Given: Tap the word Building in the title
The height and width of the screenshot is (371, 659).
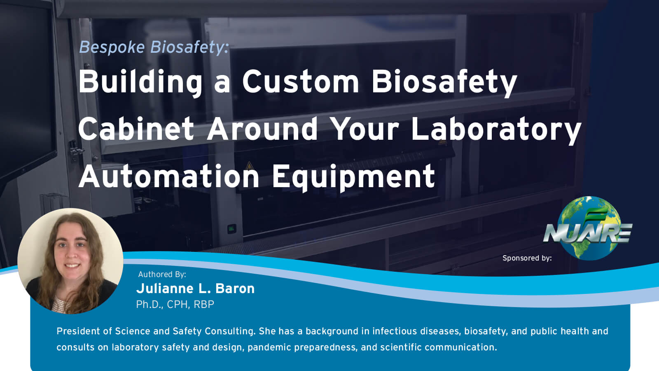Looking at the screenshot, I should [x=140, y=82].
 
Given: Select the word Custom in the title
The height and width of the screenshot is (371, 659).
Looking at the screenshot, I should [x=301, y=82].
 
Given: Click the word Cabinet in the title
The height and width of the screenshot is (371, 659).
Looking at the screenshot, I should [x=136, y=129].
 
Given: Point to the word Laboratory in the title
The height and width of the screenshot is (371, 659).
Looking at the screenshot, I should [x=496, y=129].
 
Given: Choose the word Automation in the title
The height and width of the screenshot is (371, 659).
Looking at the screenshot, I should [x=169, y=176].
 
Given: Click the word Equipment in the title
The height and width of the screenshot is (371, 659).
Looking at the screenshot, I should [x=353, y=176].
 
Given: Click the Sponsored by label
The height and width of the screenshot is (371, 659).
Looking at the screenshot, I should [x=527, y=258].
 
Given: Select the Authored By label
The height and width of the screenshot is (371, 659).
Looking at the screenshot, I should [x=162, y=274].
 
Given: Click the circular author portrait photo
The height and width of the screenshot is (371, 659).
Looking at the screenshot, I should [x=70, y=261].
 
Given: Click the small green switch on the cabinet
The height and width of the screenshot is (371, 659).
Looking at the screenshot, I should [x=231, y=228].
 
